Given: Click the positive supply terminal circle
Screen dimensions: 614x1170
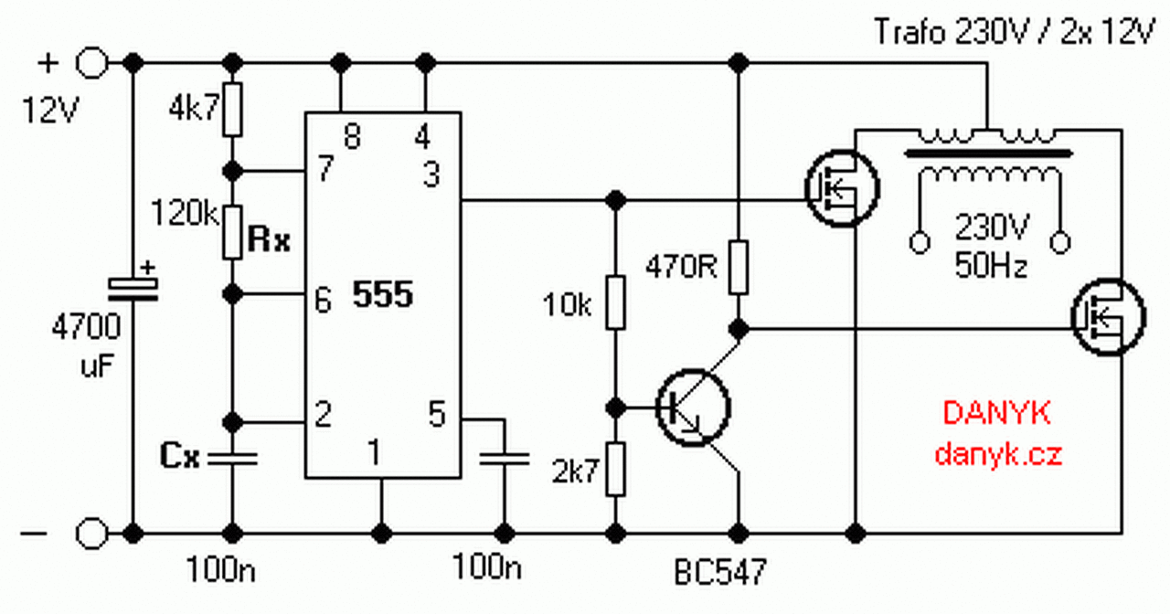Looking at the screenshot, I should point(92,63).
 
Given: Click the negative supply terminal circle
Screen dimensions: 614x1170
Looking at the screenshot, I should point(92,532).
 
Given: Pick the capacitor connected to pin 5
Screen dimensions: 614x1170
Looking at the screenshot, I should point(503,457).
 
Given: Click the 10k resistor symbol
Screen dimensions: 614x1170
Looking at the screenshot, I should point(617,302).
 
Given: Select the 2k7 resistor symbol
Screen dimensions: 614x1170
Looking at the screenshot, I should point(617,469).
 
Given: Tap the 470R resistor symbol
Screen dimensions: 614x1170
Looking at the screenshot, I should point(739,267).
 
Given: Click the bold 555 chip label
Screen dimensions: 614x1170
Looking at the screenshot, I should point(383,295).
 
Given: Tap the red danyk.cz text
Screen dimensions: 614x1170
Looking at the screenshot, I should point(998,454).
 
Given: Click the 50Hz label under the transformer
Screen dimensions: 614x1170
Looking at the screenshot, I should point(991,267).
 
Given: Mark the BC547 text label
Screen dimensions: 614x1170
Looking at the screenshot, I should point(719,572).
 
